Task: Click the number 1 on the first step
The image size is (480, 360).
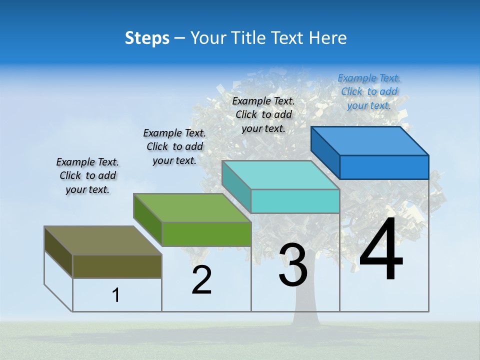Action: pos(116,295)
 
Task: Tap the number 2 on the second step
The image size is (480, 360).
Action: pos(201,280)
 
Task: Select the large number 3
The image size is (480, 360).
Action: pos(293,265)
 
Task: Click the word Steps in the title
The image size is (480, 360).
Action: pos(147,38)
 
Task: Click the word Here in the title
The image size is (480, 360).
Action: pos(328,38)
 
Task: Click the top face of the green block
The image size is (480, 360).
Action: pos(191,208)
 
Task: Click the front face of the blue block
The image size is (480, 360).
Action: pos(384,167)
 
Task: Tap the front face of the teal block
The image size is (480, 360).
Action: pos(295,201)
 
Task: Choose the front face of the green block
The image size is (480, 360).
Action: pos(206,234)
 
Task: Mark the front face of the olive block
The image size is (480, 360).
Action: pos(117,266)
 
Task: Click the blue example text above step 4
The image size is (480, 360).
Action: pos(369,91)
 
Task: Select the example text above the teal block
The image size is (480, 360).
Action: pos(263,114)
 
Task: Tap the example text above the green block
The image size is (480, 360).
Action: pos(174,146)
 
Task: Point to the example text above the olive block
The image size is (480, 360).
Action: pos(87,175)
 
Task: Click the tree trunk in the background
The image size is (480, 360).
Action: pos(306,305)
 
